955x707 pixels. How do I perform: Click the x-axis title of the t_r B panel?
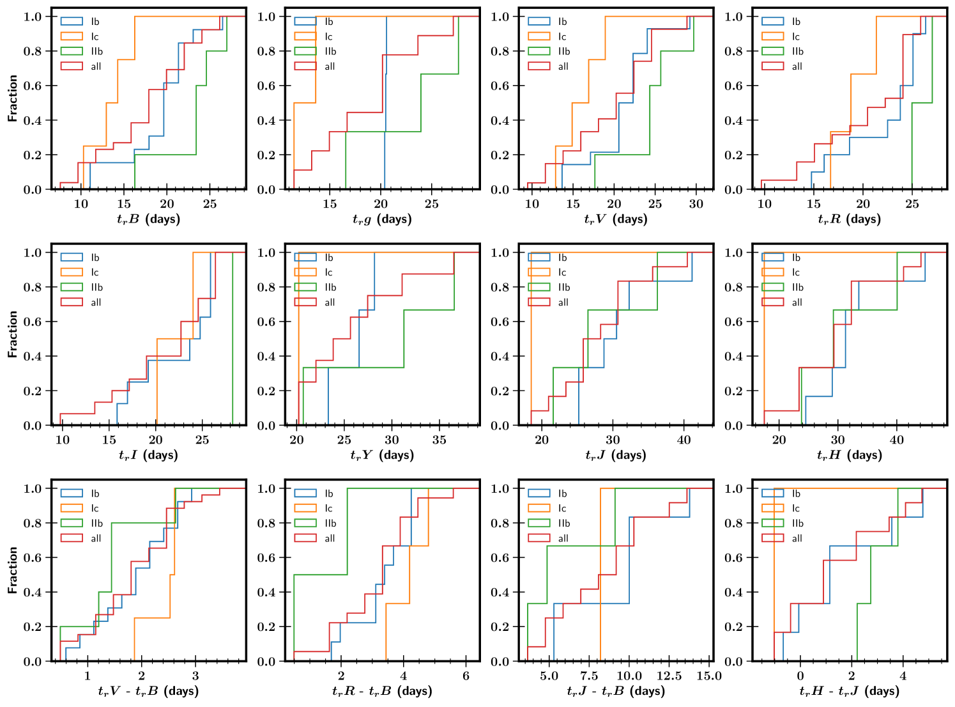pos(148,219)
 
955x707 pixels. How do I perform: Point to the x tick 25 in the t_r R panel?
pos(912,204)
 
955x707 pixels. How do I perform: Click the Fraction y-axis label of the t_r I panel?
pos(13,334)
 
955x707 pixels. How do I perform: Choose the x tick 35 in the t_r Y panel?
pos(439,440)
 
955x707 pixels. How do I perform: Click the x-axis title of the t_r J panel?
pos(615,455)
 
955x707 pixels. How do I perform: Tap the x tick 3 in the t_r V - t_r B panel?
pos(195,676)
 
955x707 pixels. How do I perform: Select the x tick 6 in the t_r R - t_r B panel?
pos(466,676)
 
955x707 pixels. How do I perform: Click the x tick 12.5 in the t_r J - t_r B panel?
pos(669,676)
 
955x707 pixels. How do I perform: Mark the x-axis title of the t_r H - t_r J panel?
pos(849,691)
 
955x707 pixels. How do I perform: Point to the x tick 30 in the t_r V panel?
pos(696,204)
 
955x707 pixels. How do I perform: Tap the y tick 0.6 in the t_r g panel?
pos(266,86)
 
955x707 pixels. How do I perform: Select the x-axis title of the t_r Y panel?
pos(382,455)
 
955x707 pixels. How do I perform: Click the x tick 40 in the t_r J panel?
pos(684,440)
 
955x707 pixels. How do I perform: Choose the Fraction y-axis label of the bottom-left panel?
pos(13,570)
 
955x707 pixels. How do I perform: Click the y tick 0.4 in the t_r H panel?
pos(733,356)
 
